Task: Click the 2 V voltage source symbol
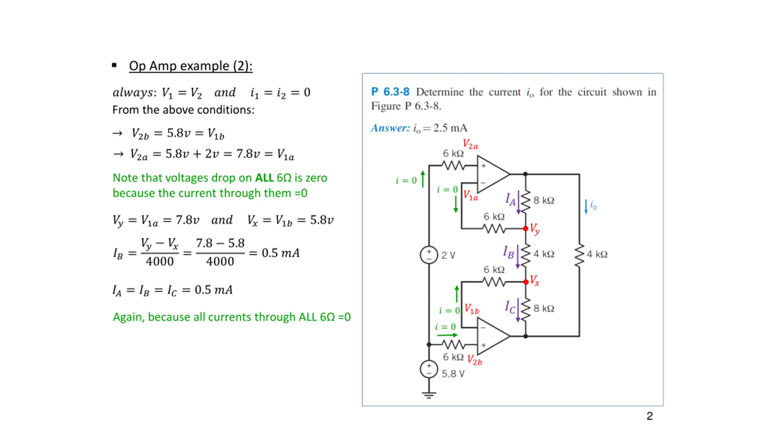pos(429,255)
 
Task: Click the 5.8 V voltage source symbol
pos(429,369)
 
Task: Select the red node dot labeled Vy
pos(525,229)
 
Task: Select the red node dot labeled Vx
pos(526,282)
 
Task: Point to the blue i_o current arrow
pos(586,207)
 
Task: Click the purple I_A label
pos(510,199)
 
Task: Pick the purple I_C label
pos(510,307)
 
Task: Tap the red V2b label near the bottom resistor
pos(475,360)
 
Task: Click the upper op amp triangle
pos(491,174)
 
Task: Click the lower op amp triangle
pos(491,336)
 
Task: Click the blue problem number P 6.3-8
pos(390,92)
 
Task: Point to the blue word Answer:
pos(390,128)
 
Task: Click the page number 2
pos(649,416)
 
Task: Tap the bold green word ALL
pos(264,178)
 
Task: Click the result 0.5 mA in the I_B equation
pos(281,253)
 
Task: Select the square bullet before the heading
pos(114,65)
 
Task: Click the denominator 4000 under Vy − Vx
pos(160,262)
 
